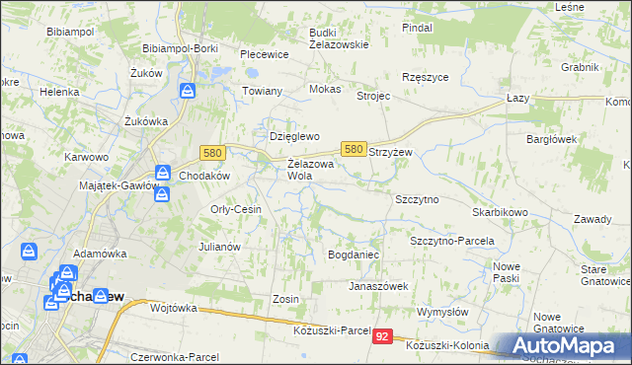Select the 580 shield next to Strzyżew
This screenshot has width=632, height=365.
(x=354, y=149)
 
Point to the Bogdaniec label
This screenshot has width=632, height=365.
(x=354, y=255)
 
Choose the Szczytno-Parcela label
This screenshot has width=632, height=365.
(x=451, y=241)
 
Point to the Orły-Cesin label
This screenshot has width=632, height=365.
(x=235, y=209)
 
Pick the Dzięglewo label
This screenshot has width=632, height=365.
(x=296, y=136)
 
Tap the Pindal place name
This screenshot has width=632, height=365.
(x=418, y=28)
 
